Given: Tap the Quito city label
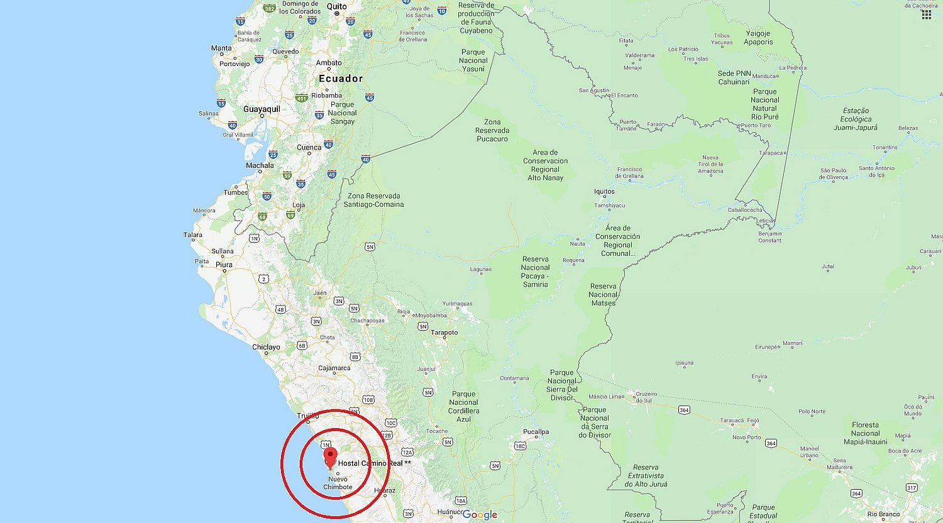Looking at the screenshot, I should click(336, 6).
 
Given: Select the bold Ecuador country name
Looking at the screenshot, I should click(341, 79).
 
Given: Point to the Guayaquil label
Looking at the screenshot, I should click(262, 109).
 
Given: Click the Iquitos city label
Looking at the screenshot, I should click(604, 192).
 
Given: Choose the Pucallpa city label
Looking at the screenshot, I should click(536, 432).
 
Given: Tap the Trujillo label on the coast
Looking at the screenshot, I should click(309, 416).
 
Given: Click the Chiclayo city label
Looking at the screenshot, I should click(266, 347).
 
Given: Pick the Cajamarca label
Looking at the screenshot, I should click(334, 368).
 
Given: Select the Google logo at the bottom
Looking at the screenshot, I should click(480, 515).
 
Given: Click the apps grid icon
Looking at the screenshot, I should click(927, 14).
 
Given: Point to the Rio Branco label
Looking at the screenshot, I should click(884, 514).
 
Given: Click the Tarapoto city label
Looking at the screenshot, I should click(444, 333).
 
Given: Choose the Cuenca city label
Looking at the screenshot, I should click(309, 148).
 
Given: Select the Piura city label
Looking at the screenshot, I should click(224, 265).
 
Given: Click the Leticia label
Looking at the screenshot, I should click(764, 221).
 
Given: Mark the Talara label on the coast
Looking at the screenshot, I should click(193, 235).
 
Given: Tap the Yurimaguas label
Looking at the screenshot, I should click(457, 304).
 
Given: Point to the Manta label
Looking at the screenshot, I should click(221, 48).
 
